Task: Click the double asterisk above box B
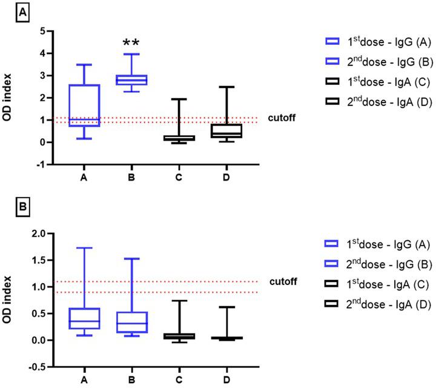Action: (131, 42)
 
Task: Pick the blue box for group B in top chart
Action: (131, 80)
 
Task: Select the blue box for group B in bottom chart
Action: (131, 322)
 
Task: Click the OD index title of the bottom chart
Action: (8, 300)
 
